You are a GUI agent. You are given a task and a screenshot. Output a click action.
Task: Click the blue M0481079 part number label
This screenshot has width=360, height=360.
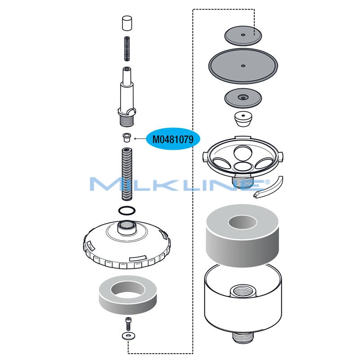(173, 139)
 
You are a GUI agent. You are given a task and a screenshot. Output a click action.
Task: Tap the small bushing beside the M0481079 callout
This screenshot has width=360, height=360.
(126, 136)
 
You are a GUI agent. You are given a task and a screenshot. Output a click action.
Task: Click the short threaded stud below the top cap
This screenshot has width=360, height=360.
(126, 49)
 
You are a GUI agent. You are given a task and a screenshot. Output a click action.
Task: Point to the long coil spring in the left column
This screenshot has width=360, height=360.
(126, 174)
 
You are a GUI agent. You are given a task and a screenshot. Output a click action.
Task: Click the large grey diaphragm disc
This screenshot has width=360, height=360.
(243, 66)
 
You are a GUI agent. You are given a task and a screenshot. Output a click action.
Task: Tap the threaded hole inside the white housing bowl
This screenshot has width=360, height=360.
(243, 291)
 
